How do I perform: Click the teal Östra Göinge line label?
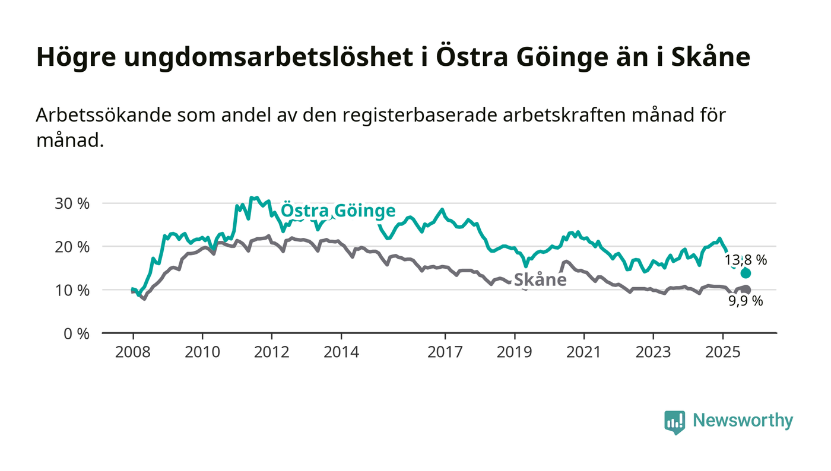coord(338,211)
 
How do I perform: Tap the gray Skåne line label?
coord(540,280)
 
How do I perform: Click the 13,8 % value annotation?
coord(746,260)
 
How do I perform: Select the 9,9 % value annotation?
coord(746,301)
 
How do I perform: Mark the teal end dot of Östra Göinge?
coord(746,273)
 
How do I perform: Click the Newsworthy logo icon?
coord(674,422)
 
